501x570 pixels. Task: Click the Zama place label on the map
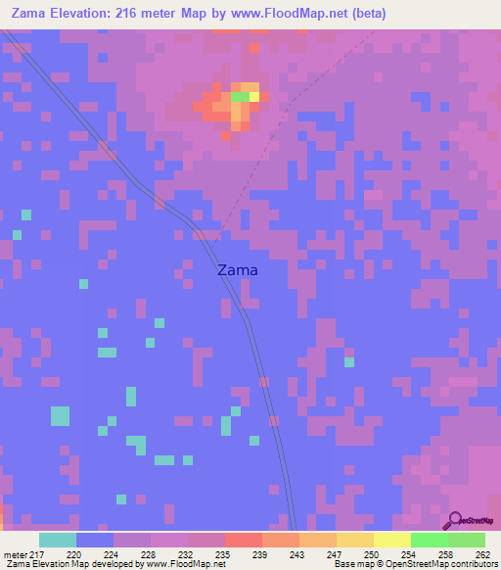coord(237,270)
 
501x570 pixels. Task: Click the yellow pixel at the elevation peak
coord(254,96)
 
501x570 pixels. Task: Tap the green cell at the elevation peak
coord(240,96)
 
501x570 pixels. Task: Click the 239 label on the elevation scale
coord(258,553)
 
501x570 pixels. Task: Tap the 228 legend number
coord(147,553)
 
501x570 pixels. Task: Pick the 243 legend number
coord(296,553)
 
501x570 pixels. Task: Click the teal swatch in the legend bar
coord(58,540)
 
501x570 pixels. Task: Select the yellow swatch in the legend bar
coord(392,540)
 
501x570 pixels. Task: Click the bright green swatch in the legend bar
coord(430,540)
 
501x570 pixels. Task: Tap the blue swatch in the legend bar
coord(95,540)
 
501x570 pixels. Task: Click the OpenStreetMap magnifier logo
coord(454,521)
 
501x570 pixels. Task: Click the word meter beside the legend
coord(15,553)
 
